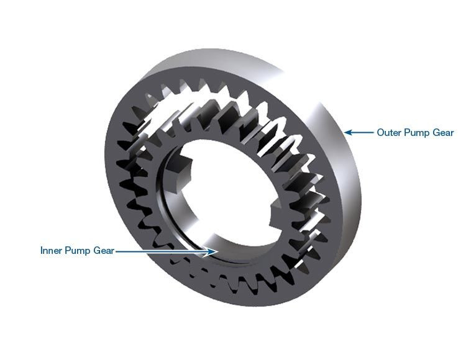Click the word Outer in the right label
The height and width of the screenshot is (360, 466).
[389, 132]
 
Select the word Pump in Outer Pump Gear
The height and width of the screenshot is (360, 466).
[417, 132]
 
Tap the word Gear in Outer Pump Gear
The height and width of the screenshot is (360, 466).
[444, 132]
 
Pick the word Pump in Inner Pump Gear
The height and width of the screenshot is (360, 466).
[78, 251]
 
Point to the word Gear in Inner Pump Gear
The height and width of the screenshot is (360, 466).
[103, 251]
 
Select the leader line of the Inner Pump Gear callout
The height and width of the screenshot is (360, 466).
[162, 251]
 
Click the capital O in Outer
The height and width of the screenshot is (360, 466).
[380, 132]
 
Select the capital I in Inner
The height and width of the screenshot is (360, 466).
[42, 251]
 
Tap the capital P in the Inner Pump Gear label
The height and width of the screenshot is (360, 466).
[69, 251]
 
